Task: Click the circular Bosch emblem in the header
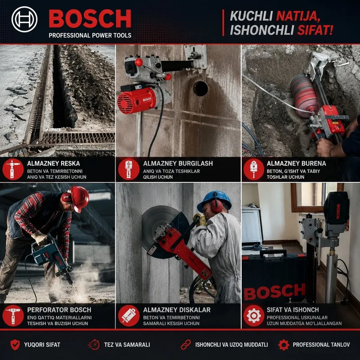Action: coord(24,19)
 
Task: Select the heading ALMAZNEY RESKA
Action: coord(54,163)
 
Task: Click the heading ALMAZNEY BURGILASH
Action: coord(178,163)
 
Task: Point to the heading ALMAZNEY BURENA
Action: coord(296,163)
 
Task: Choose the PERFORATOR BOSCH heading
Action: coord(59,310)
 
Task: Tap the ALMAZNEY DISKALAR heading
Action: coord(177,310)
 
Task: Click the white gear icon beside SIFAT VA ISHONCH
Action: coord(254,316)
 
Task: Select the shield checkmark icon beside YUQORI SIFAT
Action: coord(15,345)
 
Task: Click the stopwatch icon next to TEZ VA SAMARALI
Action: coord(94,345)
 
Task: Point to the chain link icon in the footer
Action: coord(185,345)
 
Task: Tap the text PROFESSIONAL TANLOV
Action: coord(321,345)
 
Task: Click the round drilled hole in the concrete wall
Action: coord(200,88)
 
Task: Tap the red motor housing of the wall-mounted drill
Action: coord(137,100)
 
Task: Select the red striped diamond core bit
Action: coord(305,95)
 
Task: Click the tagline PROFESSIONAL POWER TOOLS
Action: coord(90,36)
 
